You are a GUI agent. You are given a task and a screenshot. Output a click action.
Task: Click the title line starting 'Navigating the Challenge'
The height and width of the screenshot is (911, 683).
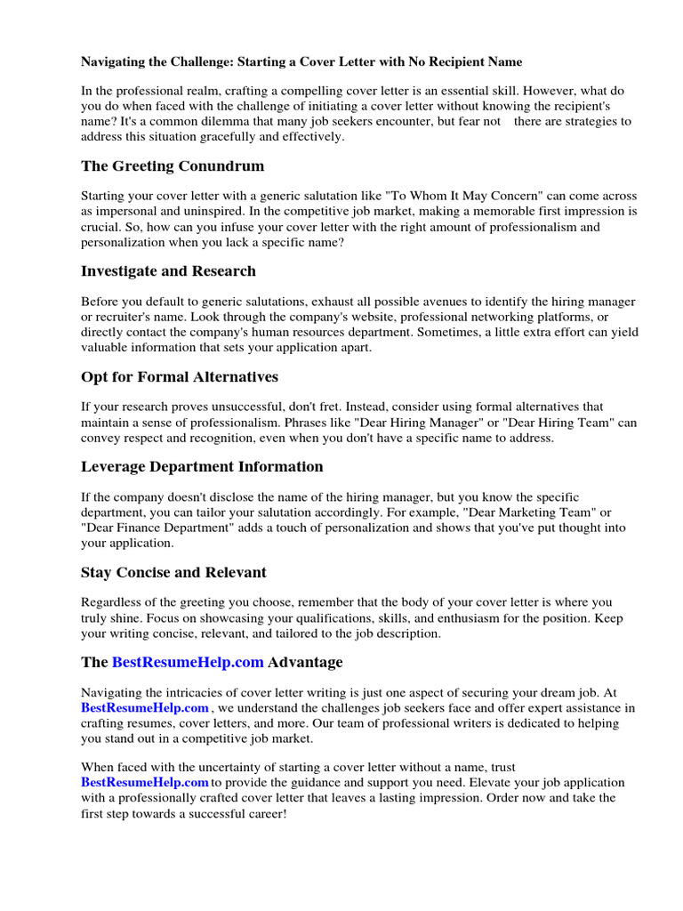301,62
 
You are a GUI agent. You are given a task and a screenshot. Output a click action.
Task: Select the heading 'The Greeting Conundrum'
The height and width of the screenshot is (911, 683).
173,166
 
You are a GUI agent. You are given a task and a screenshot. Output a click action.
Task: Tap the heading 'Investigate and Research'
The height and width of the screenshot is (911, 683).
168,271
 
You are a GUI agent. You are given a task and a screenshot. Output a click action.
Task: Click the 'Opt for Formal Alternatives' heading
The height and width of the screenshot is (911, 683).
180,376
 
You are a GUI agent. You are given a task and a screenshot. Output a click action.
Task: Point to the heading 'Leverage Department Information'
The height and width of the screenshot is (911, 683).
202,467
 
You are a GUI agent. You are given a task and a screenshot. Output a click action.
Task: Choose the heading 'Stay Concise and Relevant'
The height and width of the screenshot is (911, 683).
173,572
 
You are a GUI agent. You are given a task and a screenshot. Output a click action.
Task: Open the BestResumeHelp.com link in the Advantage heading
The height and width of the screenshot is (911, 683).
188,663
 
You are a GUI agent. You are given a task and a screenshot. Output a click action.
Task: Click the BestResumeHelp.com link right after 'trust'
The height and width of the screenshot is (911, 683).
145,782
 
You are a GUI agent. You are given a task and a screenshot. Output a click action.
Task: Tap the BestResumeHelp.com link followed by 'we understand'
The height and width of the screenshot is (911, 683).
145,708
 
